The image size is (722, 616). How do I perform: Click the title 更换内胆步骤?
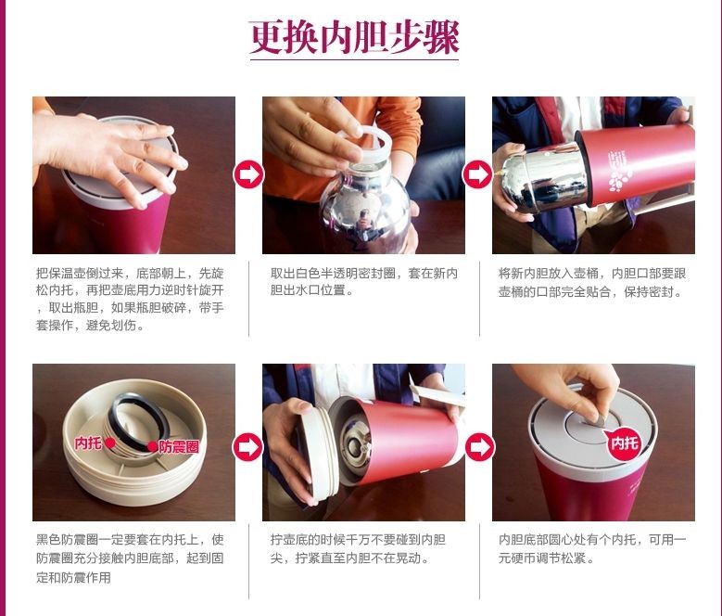pyautogui.click(x=354, y=37)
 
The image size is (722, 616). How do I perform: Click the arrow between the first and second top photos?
pyautogui.click(x=248, y=174)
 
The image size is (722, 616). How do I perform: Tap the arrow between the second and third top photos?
pyautogui.click(x=477, y=174)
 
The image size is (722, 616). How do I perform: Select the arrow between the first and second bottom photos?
pyautogui.click(x=247, y=447)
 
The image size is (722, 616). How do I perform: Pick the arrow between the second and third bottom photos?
pyautogui.click(x=480, y=447)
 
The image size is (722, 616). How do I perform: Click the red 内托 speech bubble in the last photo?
pyautogui.click(x=624, y=443)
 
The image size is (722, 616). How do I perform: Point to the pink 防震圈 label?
pyautogui.click(x=174, y=446)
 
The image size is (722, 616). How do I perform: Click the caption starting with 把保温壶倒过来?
pyautogui.click(x=130, y=299)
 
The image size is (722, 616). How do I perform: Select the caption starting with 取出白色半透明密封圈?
pyautogui.click(x=363, y=281)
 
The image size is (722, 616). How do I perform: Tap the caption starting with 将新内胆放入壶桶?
pyautogui.click(x=592, y=282)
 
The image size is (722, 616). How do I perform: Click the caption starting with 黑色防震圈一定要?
pyautogui.click(x=130, y=558)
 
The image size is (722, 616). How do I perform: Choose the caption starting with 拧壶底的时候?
pyautogui.click(x=358, y=548)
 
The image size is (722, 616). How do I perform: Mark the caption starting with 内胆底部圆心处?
pyautogui.click(x=592, y=548)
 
